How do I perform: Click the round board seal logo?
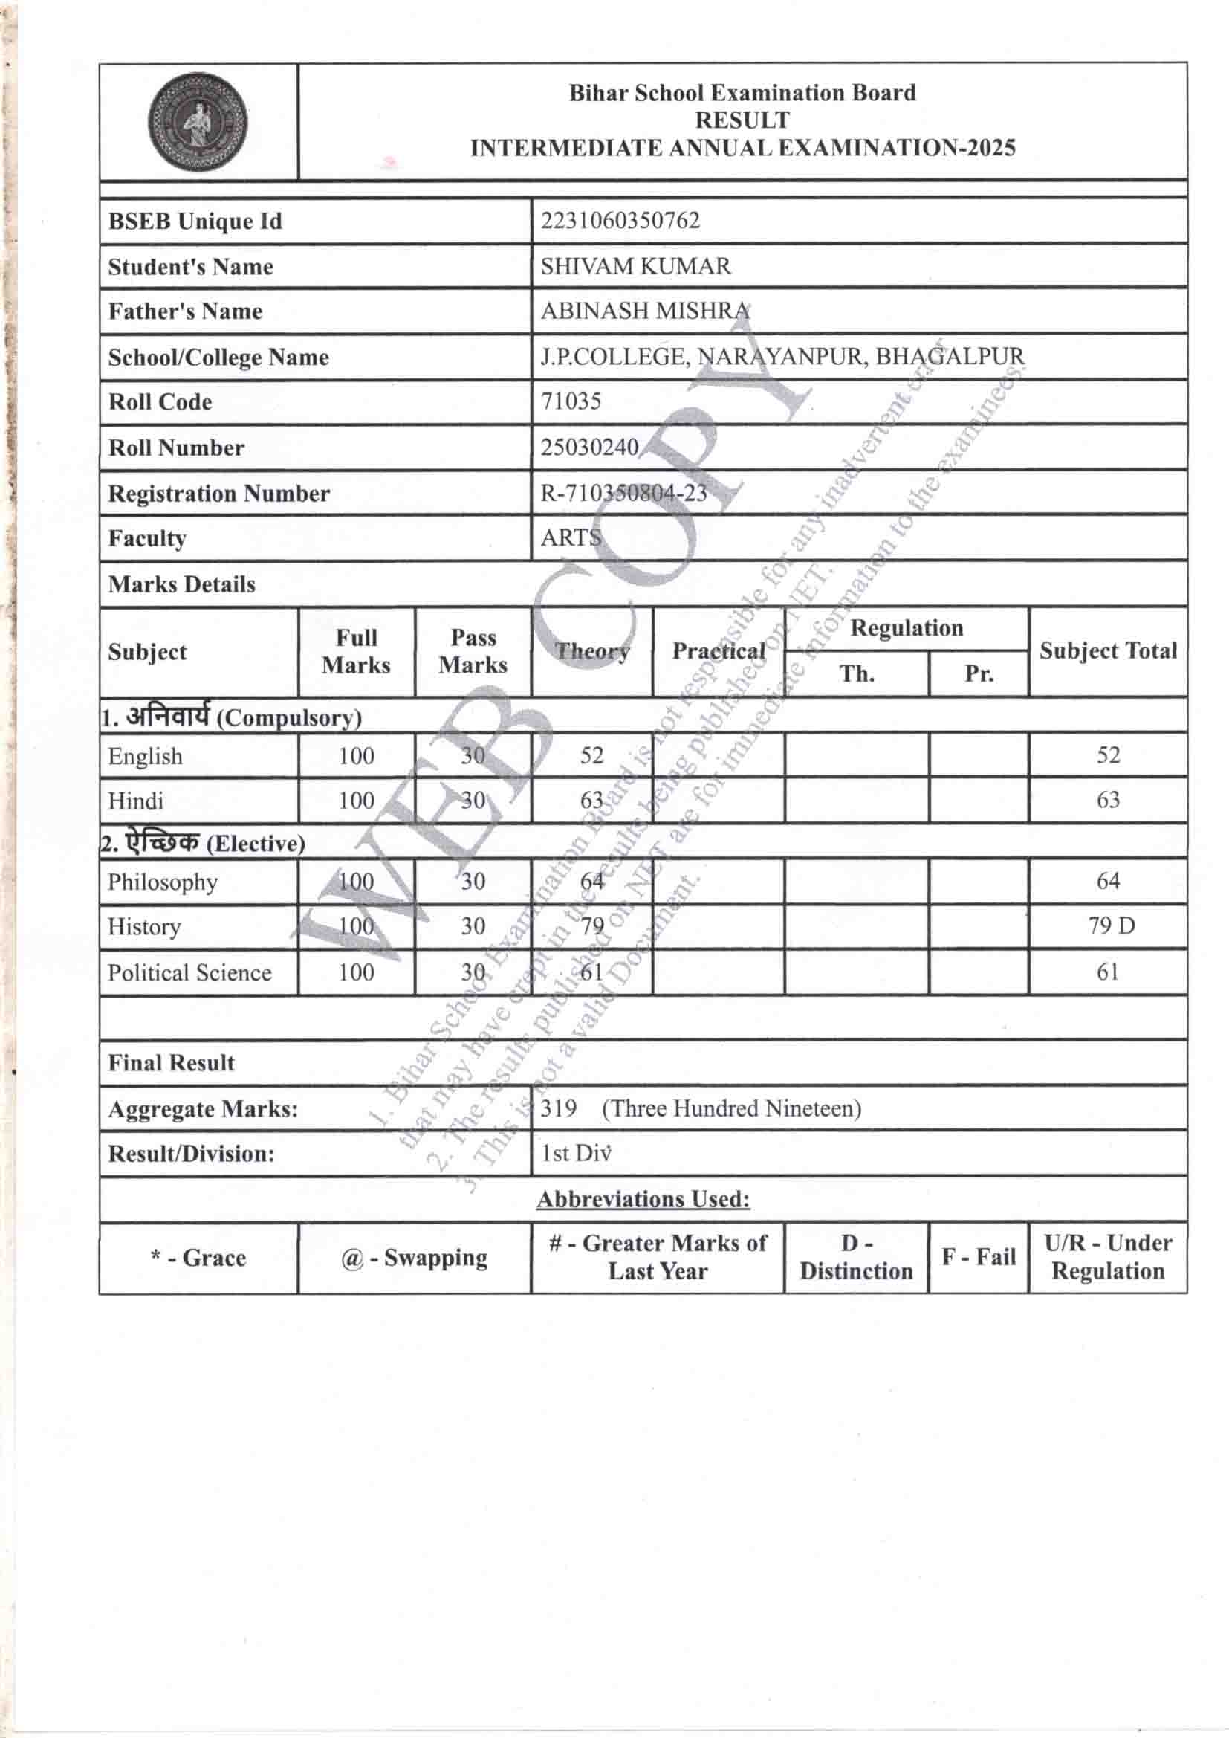198,122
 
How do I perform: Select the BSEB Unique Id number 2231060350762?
620,221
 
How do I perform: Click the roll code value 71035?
571,401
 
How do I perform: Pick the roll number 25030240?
588,448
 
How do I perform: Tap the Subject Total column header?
1107,651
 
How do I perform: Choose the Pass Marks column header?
473,651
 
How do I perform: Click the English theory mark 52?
591,755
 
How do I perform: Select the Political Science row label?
189,973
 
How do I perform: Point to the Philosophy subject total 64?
1108,881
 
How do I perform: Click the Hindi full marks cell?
356,801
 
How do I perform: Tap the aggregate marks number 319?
559,1109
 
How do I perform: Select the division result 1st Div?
575,1154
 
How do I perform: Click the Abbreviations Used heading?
643,1199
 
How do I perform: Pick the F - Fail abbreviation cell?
978,1257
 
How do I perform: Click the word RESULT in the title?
742,120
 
